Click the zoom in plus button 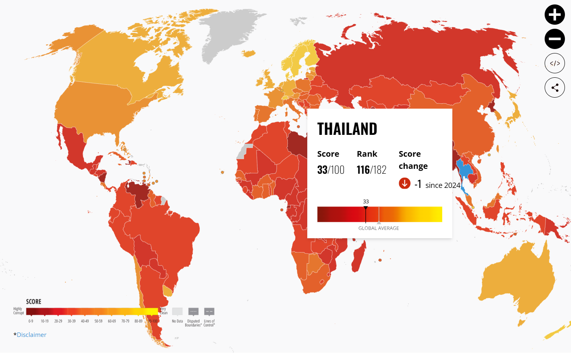[x=554, y=15]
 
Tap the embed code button [x=554, y=63]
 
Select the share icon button [x=554, y=87]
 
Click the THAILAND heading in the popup [x=347, y=129]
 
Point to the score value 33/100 [x=331, y=170]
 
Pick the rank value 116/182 [x=371, y=170]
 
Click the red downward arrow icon [x=404, y=183]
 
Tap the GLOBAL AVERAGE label [x=379, y=228]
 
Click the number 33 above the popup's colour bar [x=366, y=201]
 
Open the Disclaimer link [x=32, y=334]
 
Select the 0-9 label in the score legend [x=31, y=321]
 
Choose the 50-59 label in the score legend [x=98, y=321]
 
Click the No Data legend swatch [x=177, y=311]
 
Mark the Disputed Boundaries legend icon [x=193, y=311]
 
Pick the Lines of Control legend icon [x=209, y=311]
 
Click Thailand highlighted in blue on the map [x=464, y=170]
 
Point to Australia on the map [x=517, y=279]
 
